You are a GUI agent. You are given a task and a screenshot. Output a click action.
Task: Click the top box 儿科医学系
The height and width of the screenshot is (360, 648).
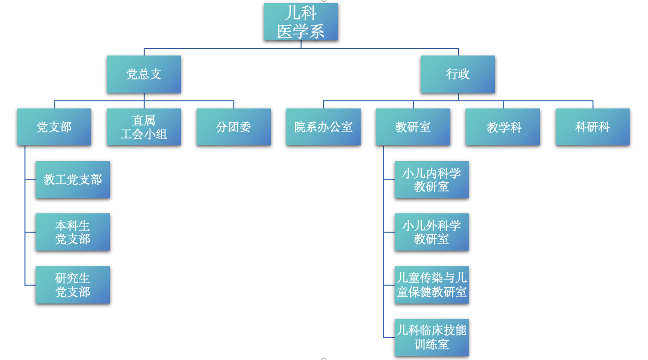tap(301, 22)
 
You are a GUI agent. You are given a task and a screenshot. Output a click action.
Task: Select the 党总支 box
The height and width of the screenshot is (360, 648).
tap(144, 74)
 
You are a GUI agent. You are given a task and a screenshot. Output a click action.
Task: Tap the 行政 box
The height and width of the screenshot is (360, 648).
tap(457, 74)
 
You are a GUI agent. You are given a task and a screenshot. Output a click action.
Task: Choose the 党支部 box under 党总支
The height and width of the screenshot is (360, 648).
tap(54, 127)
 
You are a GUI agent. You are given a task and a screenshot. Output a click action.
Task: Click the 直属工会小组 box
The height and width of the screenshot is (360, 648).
tap(144, 127)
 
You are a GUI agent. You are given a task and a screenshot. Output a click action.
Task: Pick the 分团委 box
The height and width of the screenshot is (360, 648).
tap(233, 127)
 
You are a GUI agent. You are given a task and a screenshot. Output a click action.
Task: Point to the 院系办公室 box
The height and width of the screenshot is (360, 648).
tap(323, 127)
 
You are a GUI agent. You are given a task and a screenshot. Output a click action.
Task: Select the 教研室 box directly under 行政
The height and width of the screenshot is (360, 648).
tap(413, 127)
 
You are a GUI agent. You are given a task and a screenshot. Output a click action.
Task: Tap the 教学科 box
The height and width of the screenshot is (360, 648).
tap(502, 127)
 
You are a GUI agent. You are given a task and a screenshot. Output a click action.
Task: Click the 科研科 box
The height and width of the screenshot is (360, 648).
tap(592, 127)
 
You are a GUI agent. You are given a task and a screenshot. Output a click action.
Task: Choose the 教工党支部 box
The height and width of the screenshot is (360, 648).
tap(73, 180)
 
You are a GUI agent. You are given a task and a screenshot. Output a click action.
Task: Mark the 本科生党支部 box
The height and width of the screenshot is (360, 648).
tap(73, 232)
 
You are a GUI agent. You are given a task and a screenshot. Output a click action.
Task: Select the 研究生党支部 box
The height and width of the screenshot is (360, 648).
tap(73, 285)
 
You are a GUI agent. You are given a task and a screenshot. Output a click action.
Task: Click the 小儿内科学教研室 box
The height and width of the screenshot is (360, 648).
tap(431, 180)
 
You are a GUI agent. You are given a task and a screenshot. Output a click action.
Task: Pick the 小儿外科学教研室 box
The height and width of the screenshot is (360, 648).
tap(431, 232)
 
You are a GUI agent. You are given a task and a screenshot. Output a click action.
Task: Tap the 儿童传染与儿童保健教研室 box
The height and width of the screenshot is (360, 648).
tap(431, 285)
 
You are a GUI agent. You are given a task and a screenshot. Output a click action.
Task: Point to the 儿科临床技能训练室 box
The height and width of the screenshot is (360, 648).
tap(431, 338)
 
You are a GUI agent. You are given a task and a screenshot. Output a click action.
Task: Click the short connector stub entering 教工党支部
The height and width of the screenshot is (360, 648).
tap(30, 180)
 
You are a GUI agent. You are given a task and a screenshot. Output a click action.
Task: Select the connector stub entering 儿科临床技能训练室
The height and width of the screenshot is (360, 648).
tap(389, 338)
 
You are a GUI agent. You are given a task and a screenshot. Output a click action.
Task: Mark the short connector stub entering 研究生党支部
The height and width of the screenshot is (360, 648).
tap(30, 285)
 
